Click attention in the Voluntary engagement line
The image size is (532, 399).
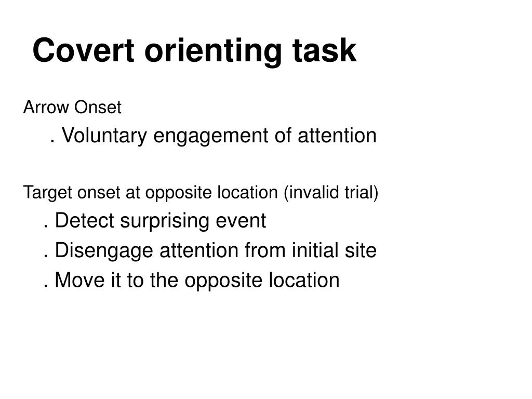tap(336, 136)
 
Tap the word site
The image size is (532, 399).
tap(361, 250)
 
